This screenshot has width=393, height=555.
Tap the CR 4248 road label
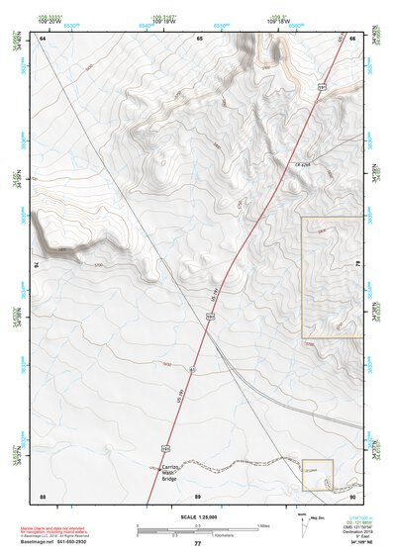(303, 163)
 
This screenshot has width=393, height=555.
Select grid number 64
(44, 37)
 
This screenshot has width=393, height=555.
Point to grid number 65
(199, 37)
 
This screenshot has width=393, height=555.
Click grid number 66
(353, 37)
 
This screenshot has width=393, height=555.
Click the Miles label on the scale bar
(263, 525)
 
